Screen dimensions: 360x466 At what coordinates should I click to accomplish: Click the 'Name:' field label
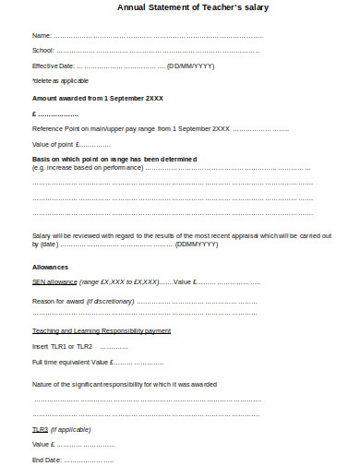42,36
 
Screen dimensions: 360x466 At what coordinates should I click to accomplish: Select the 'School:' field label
43,51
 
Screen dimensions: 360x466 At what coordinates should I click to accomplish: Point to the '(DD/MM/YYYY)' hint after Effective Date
190,66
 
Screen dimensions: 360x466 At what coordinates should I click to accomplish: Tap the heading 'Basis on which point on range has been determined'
114,159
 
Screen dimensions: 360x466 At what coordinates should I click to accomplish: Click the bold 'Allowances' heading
50,267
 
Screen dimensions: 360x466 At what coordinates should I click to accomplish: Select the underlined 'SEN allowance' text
54,282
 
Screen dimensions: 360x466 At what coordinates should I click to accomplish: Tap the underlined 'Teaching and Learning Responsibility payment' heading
102,330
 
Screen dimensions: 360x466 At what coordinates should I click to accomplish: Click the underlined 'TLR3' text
41,430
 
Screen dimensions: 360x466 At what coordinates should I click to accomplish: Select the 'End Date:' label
46,459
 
